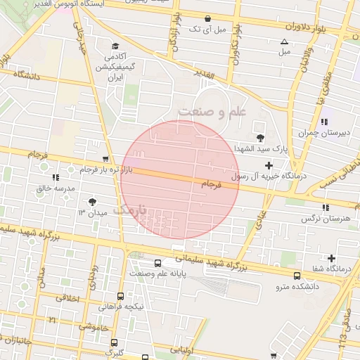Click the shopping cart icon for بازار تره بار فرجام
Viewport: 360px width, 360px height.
pos(105,159)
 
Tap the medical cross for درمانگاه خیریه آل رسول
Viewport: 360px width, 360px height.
pos(267,165)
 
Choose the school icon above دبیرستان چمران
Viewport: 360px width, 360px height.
pos(323,122)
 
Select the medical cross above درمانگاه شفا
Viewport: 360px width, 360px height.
pos(331,258)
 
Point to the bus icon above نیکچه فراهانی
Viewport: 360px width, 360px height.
pos(120,296)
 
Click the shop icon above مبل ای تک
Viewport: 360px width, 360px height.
pos(207,19)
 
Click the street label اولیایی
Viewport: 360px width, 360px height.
pos(176,349)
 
